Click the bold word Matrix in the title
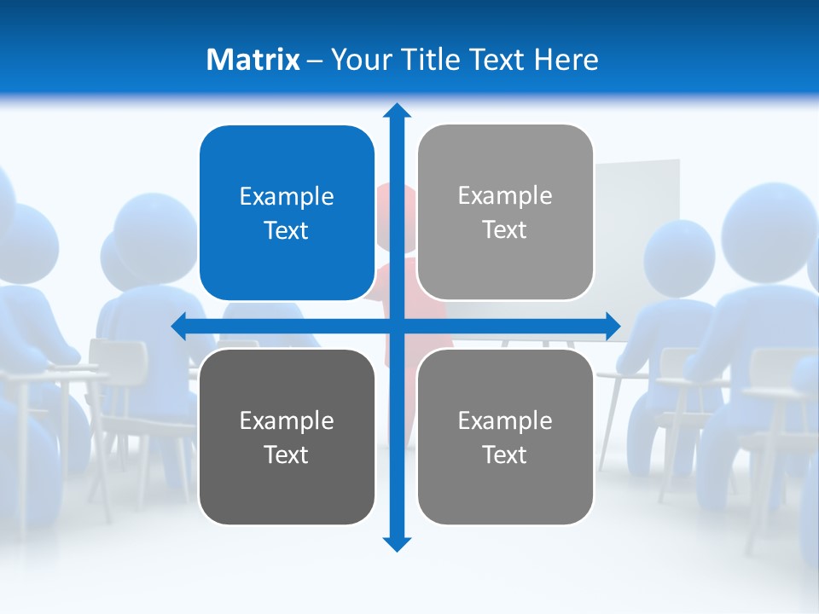point(253,60)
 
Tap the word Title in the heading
point(432,60)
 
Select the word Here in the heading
point(566,60)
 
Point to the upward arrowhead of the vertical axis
point(397,111)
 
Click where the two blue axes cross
point(397,326)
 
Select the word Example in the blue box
point(287,197)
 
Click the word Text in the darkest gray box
point(287,455)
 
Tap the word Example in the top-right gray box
point(505,196)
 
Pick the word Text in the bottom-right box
point(505,455)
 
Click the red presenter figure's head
point(395,205)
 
